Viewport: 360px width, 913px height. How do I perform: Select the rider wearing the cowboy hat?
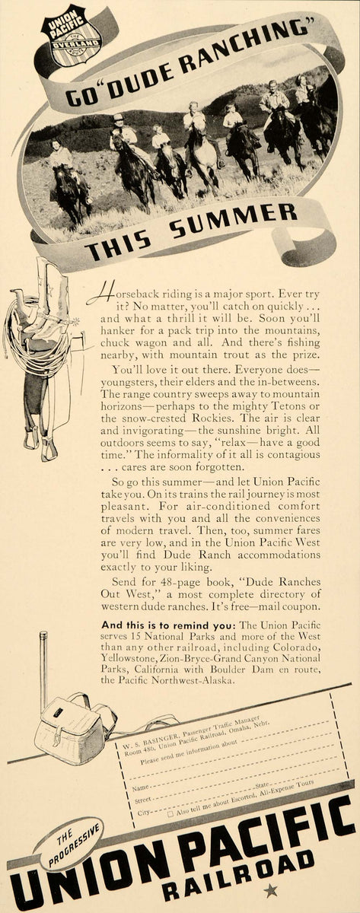121,134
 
